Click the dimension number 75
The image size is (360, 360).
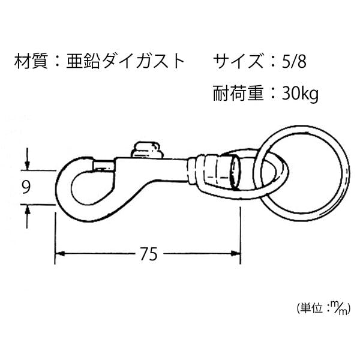click(149, 254)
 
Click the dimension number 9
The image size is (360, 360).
click(26, 187)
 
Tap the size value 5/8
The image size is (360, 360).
click(294, 62)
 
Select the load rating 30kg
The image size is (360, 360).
click(300, 94)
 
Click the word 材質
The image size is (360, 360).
click(31, 61)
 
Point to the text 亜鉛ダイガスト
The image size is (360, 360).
click(125, 61)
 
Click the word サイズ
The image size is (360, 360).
click(238, 61)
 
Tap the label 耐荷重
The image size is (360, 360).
click(238, 94)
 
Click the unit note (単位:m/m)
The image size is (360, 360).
click(323, 308)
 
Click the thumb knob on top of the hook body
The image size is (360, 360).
click(146, 150)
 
